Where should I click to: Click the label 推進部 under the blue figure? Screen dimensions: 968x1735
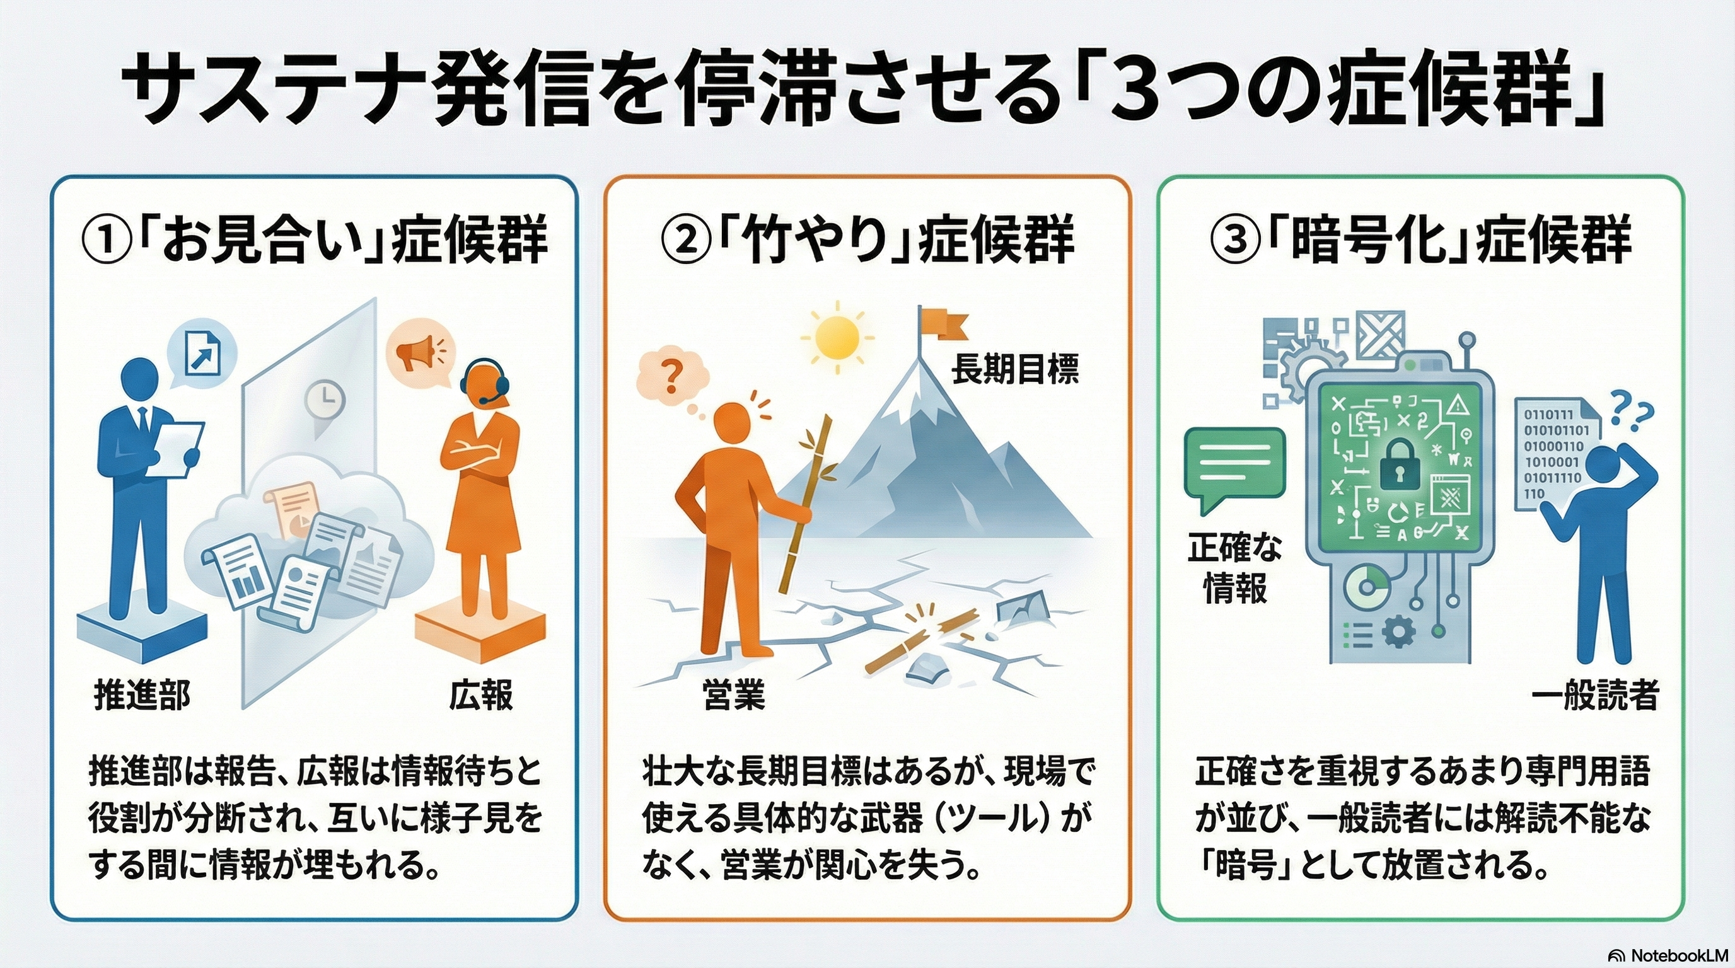pos(141,694)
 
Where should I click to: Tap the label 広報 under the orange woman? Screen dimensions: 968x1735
pos(481,694)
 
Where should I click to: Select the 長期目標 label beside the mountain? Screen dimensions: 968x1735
pos(1014,369)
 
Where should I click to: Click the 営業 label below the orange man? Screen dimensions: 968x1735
pos(733,694)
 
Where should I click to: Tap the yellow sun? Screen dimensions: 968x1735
pos(837,337)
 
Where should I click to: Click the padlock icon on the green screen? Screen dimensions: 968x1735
pos(1398,464)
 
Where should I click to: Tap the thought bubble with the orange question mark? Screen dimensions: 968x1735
pos(671,377)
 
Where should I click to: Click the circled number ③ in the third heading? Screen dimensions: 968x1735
pos(1235,241)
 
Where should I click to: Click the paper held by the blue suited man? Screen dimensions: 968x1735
pos(176,450)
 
